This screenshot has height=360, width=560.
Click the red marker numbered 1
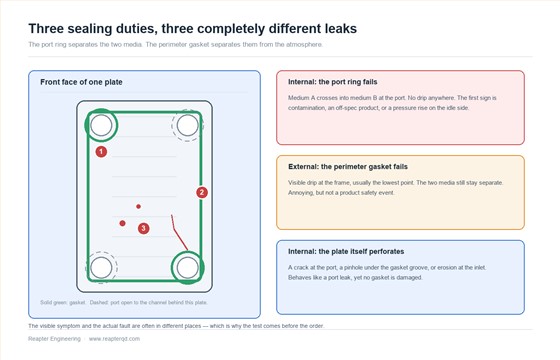(x=101, y=152)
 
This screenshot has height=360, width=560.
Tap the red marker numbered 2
(x=202, y=192)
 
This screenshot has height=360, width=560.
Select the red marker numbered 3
(x=144, y=228)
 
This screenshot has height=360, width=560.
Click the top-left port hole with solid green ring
(x=101, y=125)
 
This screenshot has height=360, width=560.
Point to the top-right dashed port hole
(x=188, y=125)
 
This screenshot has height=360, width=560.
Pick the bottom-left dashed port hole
(x=101, y=268)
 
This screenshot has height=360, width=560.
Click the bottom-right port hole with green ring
(x=188, y=268)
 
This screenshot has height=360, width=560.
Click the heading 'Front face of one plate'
(x=81, y=82)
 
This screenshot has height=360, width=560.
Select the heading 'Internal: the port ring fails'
(x=332, y=82)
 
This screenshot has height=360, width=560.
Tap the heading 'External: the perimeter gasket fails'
(x=348, y=167)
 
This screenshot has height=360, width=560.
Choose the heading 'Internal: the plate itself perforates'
(x=346, y=251)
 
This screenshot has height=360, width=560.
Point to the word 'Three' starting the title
(x=46, y=29)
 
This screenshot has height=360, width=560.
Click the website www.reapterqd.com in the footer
(x=114, y=339)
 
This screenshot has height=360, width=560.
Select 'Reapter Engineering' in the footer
(x=54, y=339)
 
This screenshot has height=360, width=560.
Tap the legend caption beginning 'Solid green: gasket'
(x=124, y=302)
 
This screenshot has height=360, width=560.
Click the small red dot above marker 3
(x=138, y=206)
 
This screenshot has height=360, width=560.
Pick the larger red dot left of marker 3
(x=122, y=223)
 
